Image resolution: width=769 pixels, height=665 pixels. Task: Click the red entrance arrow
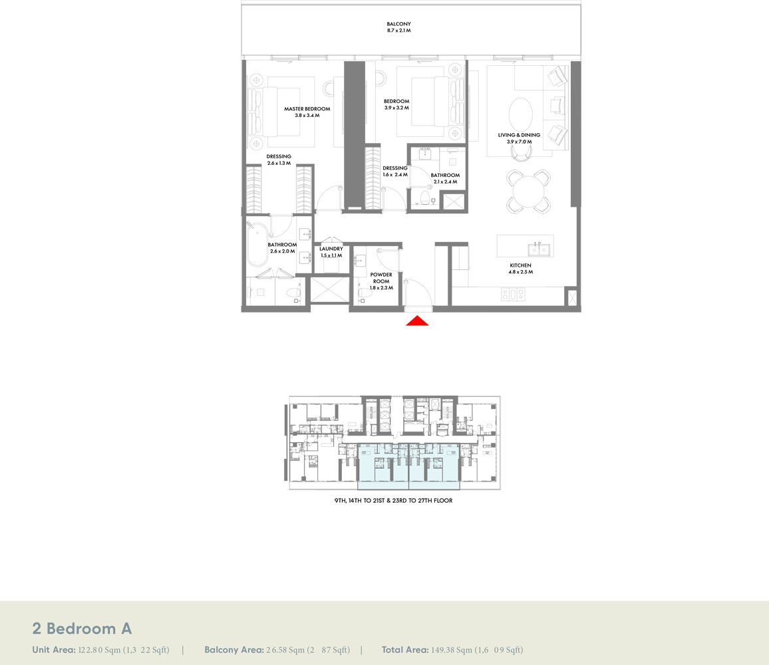coord(417,321)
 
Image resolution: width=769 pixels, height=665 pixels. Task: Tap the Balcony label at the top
coord(398,24)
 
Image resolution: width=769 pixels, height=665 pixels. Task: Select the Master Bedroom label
coord(307,109)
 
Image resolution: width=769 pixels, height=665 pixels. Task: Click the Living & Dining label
coord(519,135)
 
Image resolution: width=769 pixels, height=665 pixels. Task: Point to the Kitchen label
coord(520,265)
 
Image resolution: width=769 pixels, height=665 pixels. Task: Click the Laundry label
coord(331,249)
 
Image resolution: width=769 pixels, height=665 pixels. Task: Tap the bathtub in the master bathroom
coord(257,247)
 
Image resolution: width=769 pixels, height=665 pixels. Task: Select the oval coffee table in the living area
coord(520,114)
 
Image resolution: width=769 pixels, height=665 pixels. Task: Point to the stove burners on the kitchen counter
coord(513,293)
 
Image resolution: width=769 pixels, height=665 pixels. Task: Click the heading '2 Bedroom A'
coord(82,628)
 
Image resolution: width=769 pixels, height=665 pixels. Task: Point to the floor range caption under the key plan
coord(393,500)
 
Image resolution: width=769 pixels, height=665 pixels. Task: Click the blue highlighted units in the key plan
coord(408,466)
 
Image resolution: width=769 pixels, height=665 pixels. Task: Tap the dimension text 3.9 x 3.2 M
coord(396,108)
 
